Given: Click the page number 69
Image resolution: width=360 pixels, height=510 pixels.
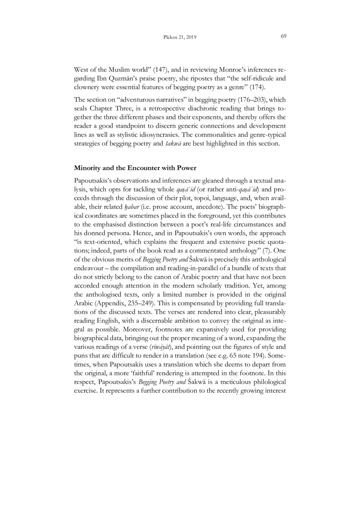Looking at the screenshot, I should click(x=284, y=37).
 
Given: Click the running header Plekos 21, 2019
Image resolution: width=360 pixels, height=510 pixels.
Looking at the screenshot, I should click(x=180, y=37).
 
